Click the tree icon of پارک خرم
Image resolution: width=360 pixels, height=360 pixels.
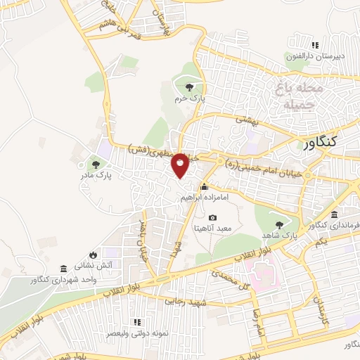tap(188, 88)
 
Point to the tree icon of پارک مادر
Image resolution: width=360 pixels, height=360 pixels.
tap(96, 164)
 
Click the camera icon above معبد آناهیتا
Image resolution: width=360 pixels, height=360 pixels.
tap(213, 218)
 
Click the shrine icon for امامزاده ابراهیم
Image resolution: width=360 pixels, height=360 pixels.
tap(204, 187)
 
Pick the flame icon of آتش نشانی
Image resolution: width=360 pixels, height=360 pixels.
tap(94, 255)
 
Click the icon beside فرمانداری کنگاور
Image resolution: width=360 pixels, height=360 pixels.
tap(334, 214)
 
